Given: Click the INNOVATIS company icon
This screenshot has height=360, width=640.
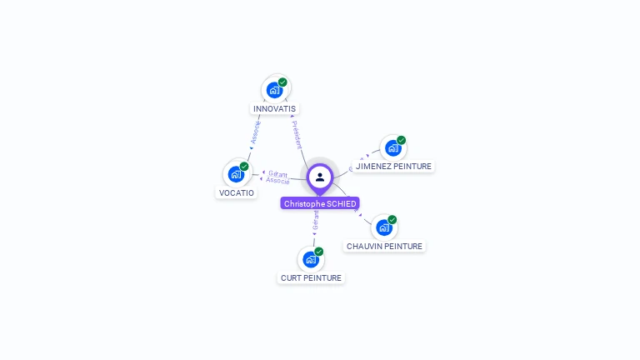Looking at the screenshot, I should (274, 90).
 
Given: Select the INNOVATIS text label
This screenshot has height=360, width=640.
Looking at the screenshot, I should (274, 109).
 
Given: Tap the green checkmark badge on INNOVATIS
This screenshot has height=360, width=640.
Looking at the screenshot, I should (282, 82).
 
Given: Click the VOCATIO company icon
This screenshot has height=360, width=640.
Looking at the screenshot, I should (236, 174).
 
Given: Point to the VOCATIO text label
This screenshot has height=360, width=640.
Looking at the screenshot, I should (236, 193).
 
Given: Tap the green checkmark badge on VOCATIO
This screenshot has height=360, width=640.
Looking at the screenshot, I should (244, 167).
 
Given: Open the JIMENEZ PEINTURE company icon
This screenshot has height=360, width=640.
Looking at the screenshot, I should (392, 148).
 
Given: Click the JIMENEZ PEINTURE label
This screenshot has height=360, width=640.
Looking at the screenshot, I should (393, 167).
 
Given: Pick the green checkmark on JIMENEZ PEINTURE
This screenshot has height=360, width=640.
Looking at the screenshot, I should (401, 141).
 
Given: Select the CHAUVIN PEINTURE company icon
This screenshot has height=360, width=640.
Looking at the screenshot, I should (383, 227).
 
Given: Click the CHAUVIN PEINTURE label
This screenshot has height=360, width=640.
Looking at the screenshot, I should (384, 247).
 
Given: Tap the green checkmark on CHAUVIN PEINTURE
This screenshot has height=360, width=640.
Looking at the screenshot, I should (392, 220).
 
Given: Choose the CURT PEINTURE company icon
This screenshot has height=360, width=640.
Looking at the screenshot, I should (311, 259).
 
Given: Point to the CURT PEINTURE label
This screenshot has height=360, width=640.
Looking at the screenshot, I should (311, 277).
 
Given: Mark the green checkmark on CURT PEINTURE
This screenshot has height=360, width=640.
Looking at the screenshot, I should (318, 252).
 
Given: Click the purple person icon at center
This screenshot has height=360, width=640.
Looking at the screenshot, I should (320, 177).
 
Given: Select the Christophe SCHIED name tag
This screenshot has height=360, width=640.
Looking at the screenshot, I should (320, 204).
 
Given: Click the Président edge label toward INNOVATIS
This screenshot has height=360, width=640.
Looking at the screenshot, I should (297, 134).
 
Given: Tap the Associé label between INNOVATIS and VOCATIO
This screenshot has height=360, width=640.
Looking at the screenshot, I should (256, 132).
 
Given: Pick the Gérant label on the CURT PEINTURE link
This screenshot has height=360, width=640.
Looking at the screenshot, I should (316, 221).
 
